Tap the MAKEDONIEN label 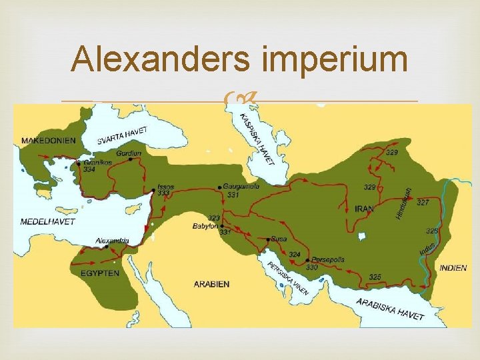49,141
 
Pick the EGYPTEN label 101,273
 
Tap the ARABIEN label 211,284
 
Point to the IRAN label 364,209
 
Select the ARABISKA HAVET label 390,308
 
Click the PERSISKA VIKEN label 288,279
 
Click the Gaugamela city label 241,187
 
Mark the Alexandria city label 113,240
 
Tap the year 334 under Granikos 89,170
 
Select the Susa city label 279,238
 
